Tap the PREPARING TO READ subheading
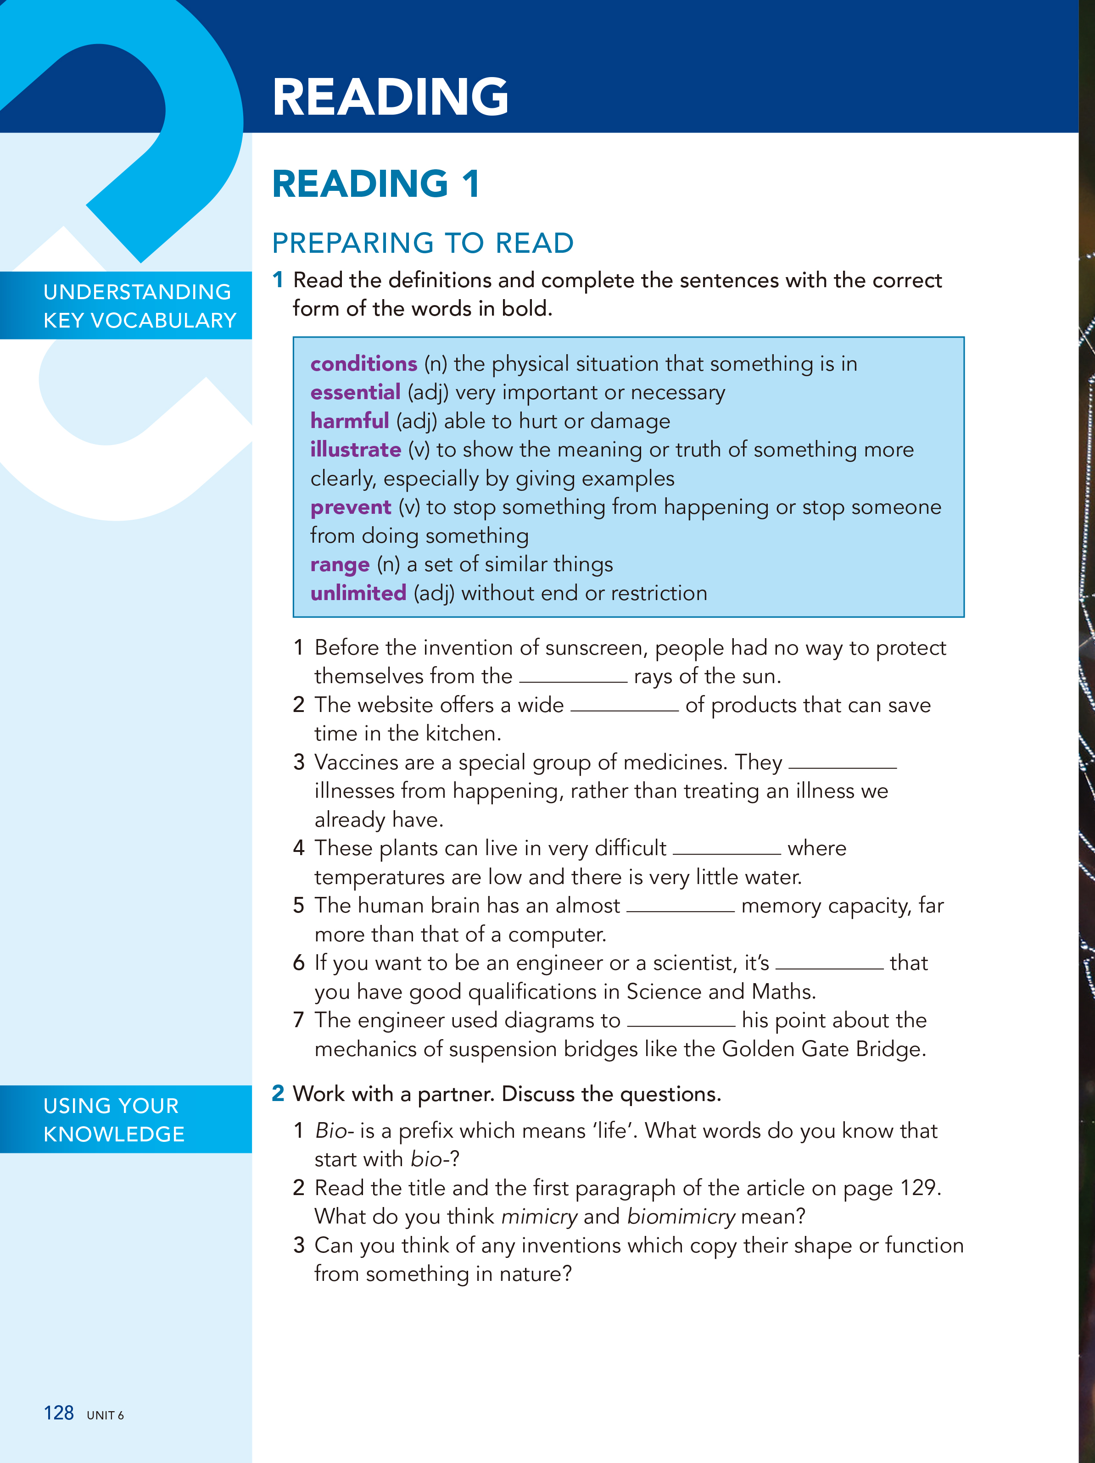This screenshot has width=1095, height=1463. click(422, 244)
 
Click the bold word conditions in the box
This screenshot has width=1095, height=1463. click(363, 364)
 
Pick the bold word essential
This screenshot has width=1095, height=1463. click(355, 392)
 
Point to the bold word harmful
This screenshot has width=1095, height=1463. click(349, 421)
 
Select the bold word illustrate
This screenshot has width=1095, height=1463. click(355, 450)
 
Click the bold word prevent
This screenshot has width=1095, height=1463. click(351, 507)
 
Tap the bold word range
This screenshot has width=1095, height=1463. click(340, 565)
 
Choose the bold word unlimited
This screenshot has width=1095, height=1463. click(358, 593)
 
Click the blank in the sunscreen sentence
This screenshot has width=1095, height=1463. click(573, 677)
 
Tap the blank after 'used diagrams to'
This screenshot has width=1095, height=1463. click(681, 1021)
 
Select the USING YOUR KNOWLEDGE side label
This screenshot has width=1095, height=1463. click(114, 1120)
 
